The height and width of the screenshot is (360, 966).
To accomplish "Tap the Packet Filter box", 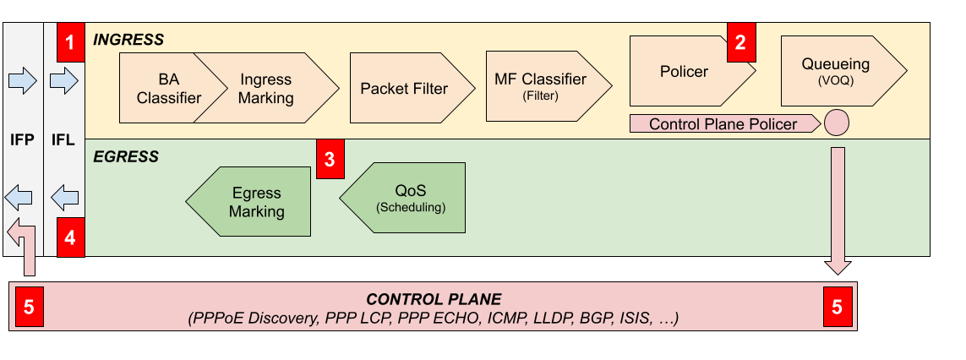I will point(404,88).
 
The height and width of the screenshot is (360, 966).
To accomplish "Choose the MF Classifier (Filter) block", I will point(541,86).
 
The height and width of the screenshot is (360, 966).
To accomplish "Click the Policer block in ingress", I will point(685,72).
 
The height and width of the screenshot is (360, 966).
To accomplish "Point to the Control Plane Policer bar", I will point(723,124).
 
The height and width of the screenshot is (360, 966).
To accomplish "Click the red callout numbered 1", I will point(71,42).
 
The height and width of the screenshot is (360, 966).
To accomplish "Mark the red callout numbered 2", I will point(740,43).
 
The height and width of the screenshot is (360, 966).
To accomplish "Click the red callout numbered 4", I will point(71,237).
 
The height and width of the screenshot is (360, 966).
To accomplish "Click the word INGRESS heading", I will point(128,40).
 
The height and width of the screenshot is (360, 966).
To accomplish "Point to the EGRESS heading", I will point(126,156).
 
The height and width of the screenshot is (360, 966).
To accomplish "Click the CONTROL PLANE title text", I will point(433,299).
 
